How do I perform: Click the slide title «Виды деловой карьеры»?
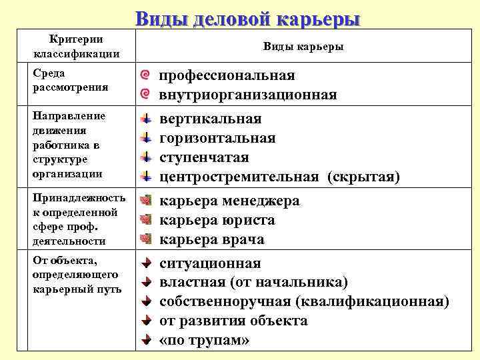coord(247,18)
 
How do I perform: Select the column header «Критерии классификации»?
coord(76,47)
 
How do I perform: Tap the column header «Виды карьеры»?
coord(303,47)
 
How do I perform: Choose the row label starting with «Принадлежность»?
coord(75,219)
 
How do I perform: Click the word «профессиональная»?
coord(227,75)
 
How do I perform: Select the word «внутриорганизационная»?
coord(248,95)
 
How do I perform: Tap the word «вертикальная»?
coord(211,119)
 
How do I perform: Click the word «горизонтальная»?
coord(217,138)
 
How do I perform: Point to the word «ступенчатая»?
coord(204,157)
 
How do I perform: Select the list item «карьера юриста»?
coord(217,220)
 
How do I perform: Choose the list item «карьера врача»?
coord(212,239)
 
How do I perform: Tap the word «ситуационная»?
coord(211,263)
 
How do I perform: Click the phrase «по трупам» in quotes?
coord(205,340)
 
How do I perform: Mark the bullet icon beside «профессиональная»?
coord(146,76)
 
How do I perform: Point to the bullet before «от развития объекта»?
coord(145,321)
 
